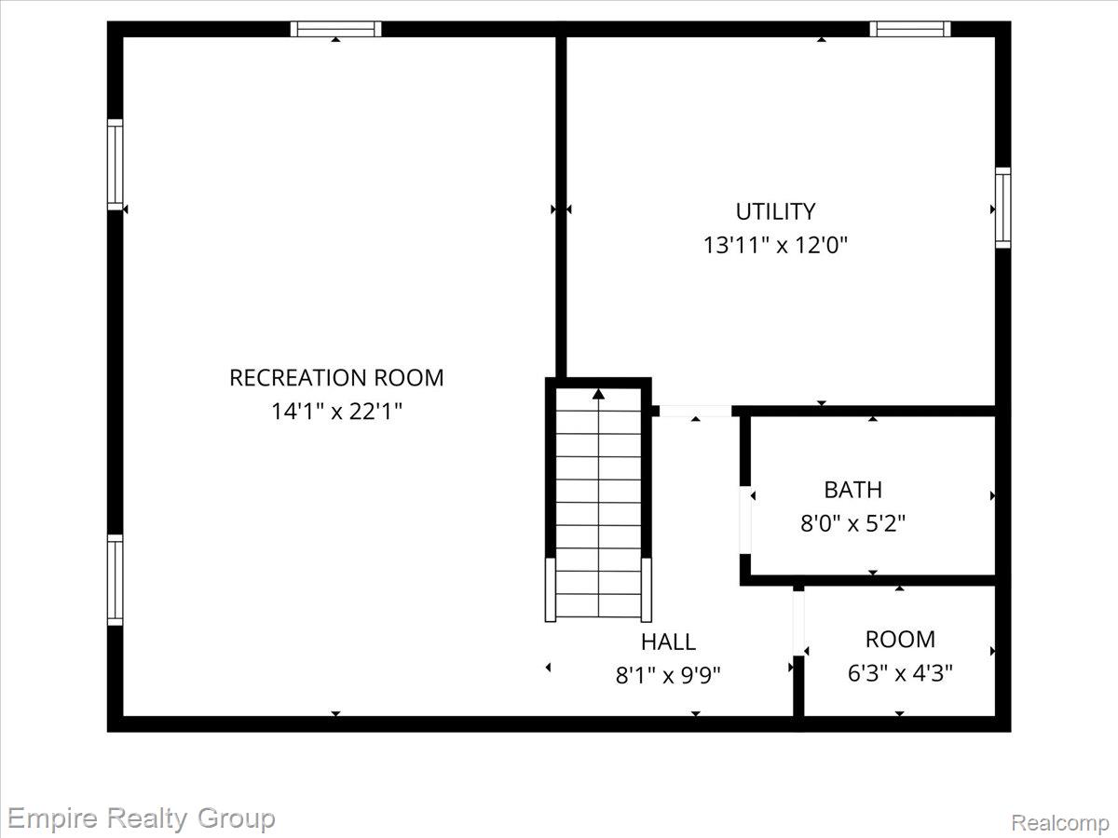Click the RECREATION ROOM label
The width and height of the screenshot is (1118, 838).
(336, 378)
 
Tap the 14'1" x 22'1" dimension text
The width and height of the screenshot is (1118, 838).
(336, 412)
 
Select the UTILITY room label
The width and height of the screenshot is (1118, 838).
(775, 211)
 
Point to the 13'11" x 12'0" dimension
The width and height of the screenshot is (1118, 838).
(775, 245)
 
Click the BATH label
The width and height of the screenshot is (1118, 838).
(853, 490)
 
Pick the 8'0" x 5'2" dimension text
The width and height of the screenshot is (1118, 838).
(853, 523)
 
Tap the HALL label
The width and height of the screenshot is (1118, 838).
(668, 642)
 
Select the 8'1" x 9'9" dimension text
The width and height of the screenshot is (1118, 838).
(668, 676)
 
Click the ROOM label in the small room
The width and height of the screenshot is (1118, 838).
(900, 640)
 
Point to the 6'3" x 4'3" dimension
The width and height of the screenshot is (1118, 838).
(900, 673)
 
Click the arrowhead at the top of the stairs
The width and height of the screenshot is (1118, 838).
(598, 394)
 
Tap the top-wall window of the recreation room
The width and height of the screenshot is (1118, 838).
(335, 29)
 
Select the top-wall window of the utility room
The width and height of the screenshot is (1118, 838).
(909, 29)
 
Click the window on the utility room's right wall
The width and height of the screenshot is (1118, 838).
(1002, 208)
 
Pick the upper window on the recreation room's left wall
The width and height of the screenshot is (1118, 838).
(116, 165)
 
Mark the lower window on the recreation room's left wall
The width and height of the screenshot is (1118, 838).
(116, 580)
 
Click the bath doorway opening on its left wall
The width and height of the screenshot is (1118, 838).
(744, 520)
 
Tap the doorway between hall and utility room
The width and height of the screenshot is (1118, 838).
(696, 412)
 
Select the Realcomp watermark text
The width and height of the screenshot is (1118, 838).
(1060, 822)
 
